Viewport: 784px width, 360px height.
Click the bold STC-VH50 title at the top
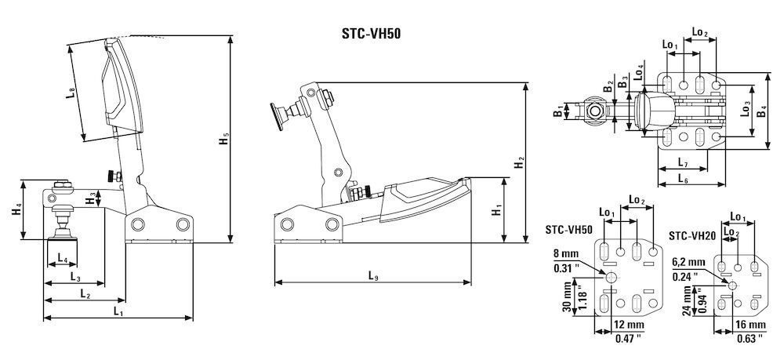pyautogui.click(x=372, y=34)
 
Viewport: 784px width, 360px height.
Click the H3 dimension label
pyautogui.click(x=93, y=198)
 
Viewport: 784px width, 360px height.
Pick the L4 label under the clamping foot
pyautogui.click(x=63, y=258)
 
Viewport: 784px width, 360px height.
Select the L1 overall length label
pyautogui.click(x=118, y=311)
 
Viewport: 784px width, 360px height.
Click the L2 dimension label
pyautogui.click(x=85, y=294)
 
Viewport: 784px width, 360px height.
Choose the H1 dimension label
pyautogui.click(x=495, y=210)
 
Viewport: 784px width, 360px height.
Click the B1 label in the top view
pyautogui.click(x=557, y=112)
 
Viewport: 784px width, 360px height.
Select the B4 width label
pyautogui.click(x=761, y=111)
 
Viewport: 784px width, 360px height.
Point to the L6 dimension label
pyautogui.click(x=682, y=180)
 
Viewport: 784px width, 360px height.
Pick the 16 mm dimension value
pyautogui.click(x=750, y=325)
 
